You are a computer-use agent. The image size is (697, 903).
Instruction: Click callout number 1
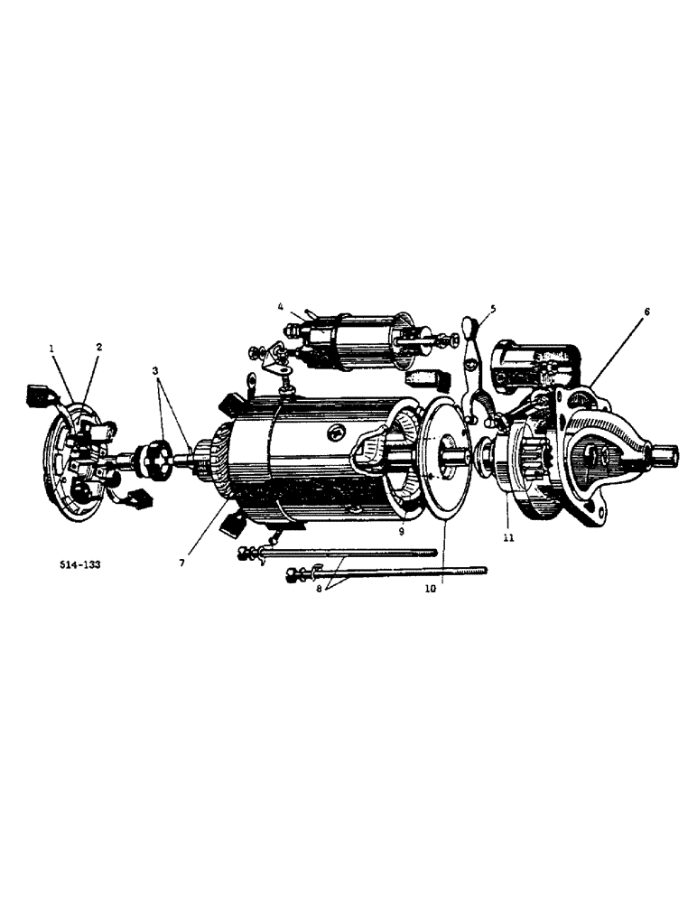pyautogui.click(x=52, y=347)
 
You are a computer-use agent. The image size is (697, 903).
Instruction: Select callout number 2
pyautogui.click(x=98, y=347)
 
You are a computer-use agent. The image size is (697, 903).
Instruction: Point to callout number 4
pyautogui.click(x=282, y=307)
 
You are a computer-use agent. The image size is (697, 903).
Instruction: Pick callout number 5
pyautogui.click(x=493, y=308)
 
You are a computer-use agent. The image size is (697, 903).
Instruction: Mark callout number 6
pyautogui.click(x=646, y=312)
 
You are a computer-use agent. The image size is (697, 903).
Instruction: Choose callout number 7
pyautogui.click(x=183, y=563)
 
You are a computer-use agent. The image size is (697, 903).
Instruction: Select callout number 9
pyautogui.click(x=402, y=532)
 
